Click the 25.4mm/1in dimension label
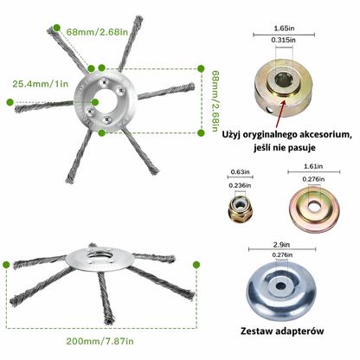41,84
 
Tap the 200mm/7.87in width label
100,341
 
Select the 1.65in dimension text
284,29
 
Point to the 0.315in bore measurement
283,40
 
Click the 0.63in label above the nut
241,172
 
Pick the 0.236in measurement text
240,185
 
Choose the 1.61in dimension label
313,166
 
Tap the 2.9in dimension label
281,245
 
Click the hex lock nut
240,209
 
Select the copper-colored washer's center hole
314,206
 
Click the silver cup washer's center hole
280,286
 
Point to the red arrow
280,113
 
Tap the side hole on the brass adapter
270,110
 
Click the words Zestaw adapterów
282,331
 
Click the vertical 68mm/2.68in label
215,101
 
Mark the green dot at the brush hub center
95,102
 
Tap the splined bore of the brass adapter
283,80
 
